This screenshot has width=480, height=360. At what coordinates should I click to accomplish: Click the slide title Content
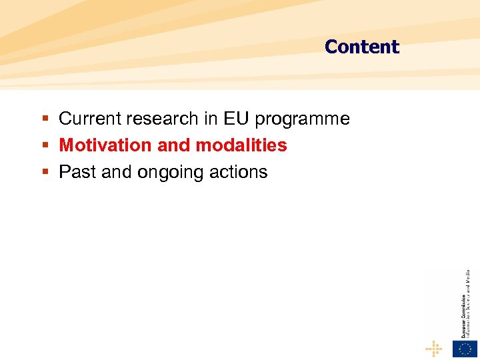coord(361,47)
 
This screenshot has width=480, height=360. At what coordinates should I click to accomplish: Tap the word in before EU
coord(212,119)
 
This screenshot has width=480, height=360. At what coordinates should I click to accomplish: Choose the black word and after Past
coord(117,172)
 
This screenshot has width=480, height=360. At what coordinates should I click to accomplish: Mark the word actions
coord(238,172)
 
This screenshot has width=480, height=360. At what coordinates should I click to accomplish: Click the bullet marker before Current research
coord(45,119)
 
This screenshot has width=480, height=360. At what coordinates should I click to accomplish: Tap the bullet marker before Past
coord(45,173)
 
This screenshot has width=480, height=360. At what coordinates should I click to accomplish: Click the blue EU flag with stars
coord(465,349)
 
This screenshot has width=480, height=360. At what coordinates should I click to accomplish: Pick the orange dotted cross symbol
coord(434,349)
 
